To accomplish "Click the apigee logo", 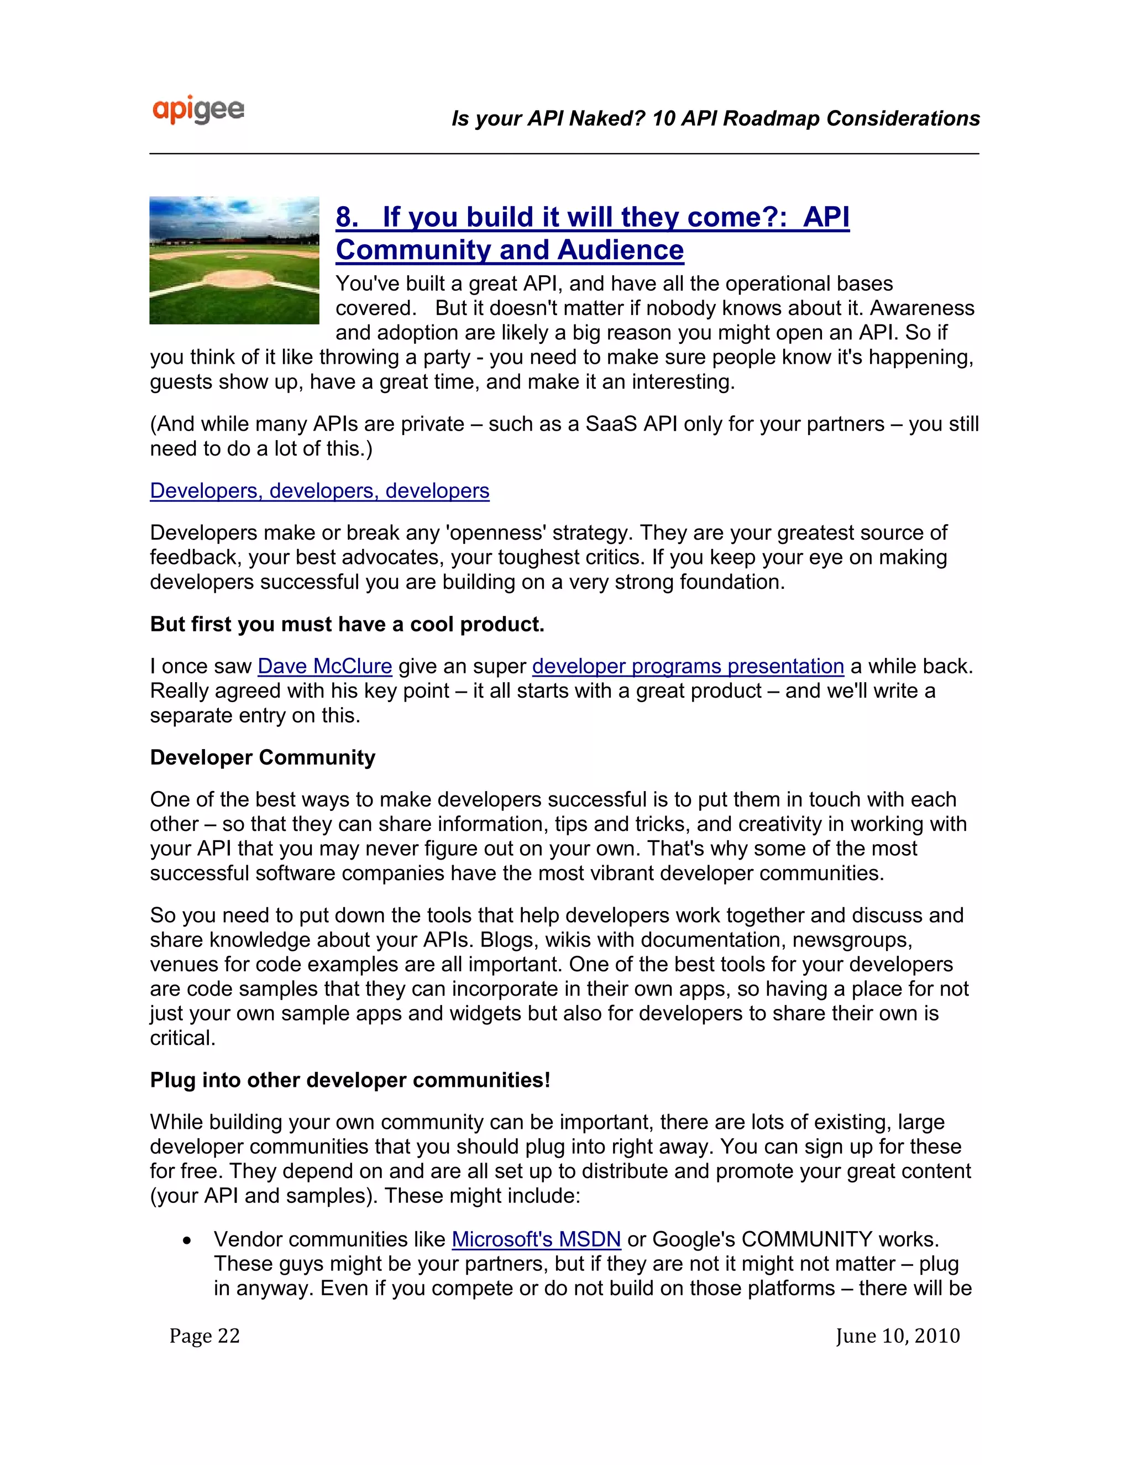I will point(198,111).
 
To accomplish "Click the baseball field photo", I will point(234,260).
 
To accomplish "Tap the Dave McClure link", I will point(324,666).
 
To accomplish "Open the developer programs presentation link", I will point(688,666).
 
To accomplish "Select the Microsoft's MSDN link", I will point(536,1239).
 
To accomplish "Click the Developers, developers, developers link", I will point(319,490).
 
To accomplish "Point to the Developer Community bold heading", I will point(262,757).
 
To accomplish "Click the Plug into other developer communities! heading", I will point(349,1080).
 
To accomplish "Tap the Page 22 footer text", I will point(205,1336).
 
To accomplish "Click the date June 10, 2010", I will point(897,1336).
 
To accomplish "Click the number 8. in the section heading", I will point(347,217).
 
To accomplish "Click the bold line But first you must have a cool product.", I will point(347,624).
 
